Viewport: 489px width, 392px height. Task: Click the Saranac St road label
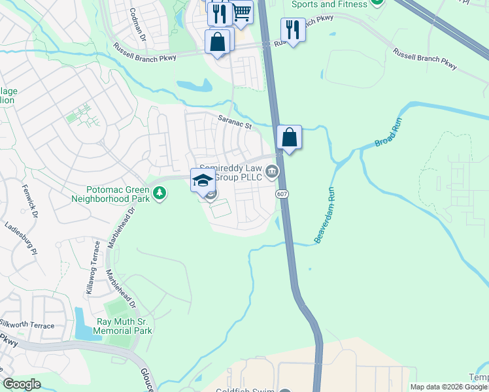click(235, 122)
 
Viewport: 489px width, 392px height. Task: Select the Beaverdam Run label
click(325, 216)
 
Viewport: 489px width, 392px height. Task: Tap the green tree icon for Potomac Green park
click(159, 193)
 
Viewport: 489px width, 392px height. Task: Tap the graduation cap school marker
click(203, 180)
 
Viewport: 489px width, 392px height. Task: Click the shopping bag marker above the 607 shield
click(289, 138)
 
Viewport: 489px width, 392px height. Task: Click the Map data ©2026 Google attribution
click(448, 387)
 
